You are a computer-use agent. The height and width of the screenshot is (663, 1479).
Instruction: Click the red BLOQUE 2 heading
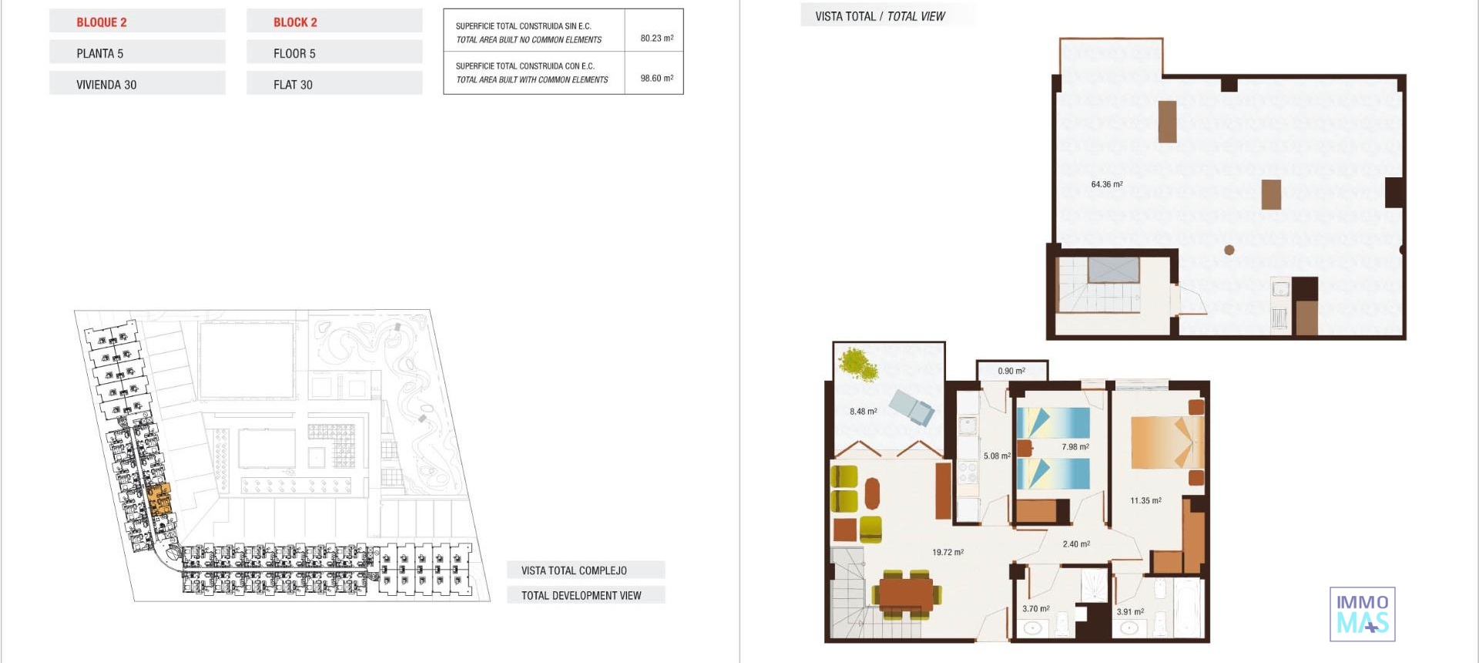point(102,22)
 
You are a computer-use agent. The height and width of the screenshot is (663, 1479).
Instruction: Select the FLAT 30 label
point(293,85)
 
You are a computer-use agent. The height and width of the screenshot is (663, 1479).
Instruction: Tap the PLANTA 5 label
point(99,53)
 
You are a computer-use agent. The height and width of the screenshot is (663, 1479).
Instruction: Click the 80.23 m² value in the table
point(656,38)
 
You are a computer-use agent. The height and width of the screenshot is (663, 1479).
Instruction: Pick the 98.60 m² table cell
point(656,78)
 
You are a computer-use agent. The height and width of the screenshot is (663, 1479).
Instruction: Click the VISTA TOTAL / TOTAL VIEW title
point(880,16)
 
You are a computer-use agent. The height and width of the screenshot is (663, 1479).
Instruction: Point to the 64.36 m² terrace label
point(1106,184)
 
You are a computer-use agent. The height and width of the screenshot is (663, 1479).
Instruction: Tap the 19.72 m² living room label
point(947,552)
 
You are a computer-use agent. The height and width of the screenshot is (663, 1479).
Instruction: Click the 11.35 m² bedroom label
point(1145,500)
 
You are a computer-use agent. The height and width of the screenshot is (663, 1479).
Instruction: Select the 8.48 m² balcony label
point(863,411)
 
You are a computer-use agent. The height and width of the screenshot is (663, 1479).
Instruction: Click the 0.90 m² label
point(1011,371)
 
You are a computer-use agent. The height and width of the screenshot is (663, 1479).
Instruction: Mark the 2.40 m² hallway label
point(1076,544)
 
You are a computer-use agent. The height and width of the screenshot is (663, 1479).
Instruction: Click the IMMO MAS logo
point(1362,614)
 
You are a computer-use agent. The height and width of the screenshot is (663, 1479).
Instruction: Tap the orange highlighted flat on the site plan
point(159,499)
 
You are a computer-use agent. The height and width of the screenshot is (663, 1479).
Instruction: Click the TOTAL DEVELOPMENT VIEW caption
point(581,595)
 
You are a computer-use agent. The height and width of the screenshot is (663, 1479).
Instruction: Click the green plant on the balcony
point(858,365)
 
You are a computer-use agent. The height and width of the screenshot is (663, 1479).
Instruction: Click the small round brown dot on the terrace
point(1229,250)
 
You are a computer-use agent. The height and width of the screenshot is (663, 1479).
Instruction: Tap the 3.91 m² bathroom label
point(1130,611)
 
